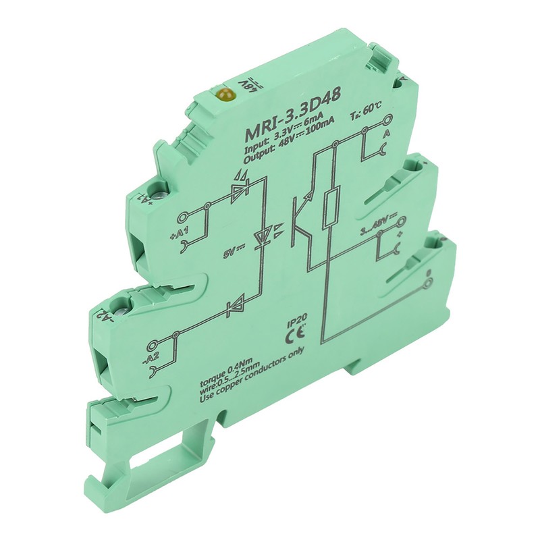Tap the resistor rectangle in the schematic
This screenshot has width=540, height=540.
pyautogui.click(x=330, y=207)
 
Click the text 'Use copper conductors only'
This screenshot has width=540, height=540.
pyautogui.click(x=254, y=381)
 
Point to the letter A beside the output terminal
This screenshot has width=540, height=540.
pyautogui.click(x=385, y=135)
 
